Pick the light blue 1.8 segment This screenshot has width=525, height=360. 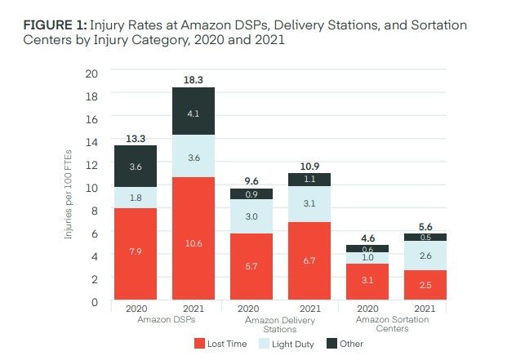click(x=135, y=198)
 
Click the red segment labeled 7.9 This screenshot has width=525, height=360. click(x=135, y=254)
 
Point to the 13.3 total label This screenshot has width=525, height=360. click(x=135, y=137)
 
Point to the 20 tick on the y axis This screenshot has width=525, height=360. click(x=91, y=73)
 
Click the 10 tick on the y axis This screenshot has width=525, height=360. click(x=92, y=187)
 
